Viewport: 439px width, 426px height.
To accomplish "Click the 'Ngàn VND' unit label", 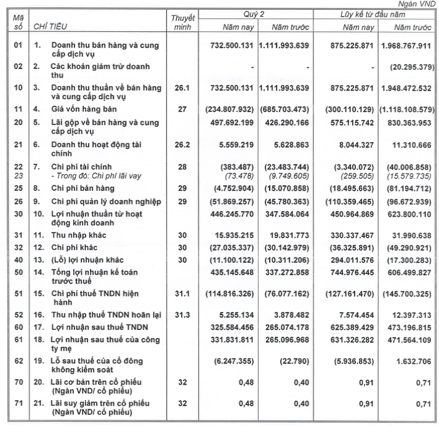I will click(x=418, y=4).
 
